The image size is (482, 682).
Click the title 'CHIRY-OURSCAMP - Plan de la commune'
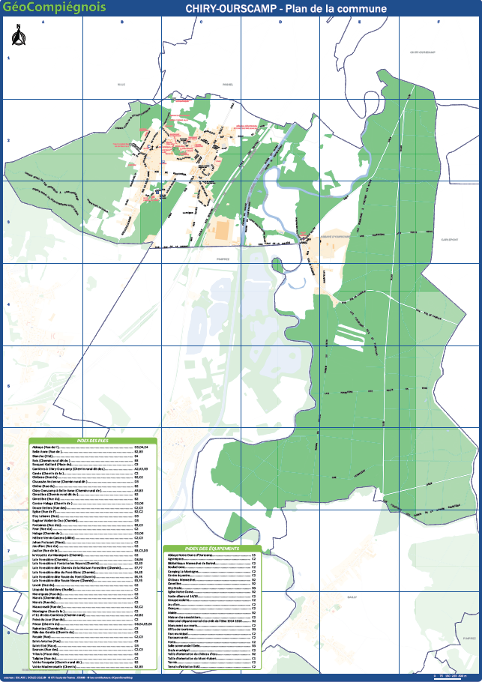click(286, 8)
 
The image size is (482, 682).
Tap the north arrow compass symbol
click(16, 33)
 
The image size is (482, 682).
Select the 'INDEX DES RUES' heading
click(92, 441)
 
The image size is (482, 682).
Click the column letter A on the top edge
click(43, 22)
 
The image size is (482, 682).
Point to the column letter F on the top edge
click(439, 22)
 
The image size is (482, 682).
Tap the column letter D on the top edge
click(280, 22)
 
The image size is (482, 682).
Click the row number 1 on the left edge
click(8, 58)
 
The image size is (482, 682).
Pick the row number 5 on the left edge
click(8, 386)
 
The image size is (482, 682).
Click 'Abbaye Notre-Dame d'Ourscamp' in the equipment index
click(195, 555)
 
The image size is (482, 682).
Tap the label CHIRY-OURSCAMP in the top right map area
click(423, 52)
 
